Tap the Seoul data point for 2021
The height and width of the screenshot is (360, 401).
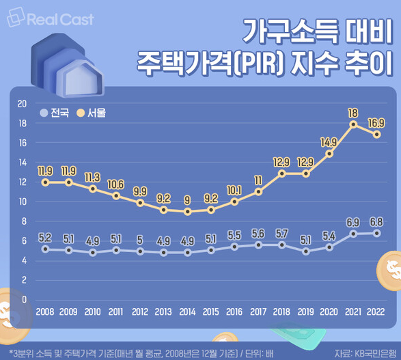[x=353, y=124]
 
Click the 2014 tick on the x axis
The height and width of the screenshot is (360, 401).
[x=187, y=311]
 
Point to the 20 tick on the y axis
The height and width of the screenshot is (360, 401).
[x=21, y=104]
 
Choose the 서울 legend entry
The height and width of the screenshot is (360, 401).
[x=91, y=113]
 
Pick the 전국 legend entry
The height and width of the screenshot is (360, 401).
[x=55, y=113]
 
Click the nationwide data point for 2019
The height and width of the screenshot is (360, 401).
[x=305, y=251]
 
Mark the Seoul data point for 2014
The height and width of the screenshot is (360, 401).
[x=187, y=212]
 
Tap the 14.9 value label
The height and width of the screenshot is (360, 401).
[x=329, y=142]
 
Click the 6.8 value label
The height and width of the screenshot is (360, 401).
[x=376, y=222]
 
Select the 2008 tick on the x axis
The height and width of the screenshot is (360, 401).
[x=45, y=311]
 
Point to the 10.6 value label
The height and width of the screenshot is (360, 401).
[x=116, y=184]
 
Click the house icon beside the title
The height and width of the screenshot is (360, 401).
[x=69, y=66]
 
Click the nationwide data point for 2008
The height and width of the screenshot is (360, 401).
[x=45, y=249]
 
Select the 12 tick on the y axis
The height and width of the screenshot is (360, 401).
[x=21, y=182]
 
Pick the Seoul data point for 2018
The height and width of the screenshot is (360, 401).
[x=281, y=174]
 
